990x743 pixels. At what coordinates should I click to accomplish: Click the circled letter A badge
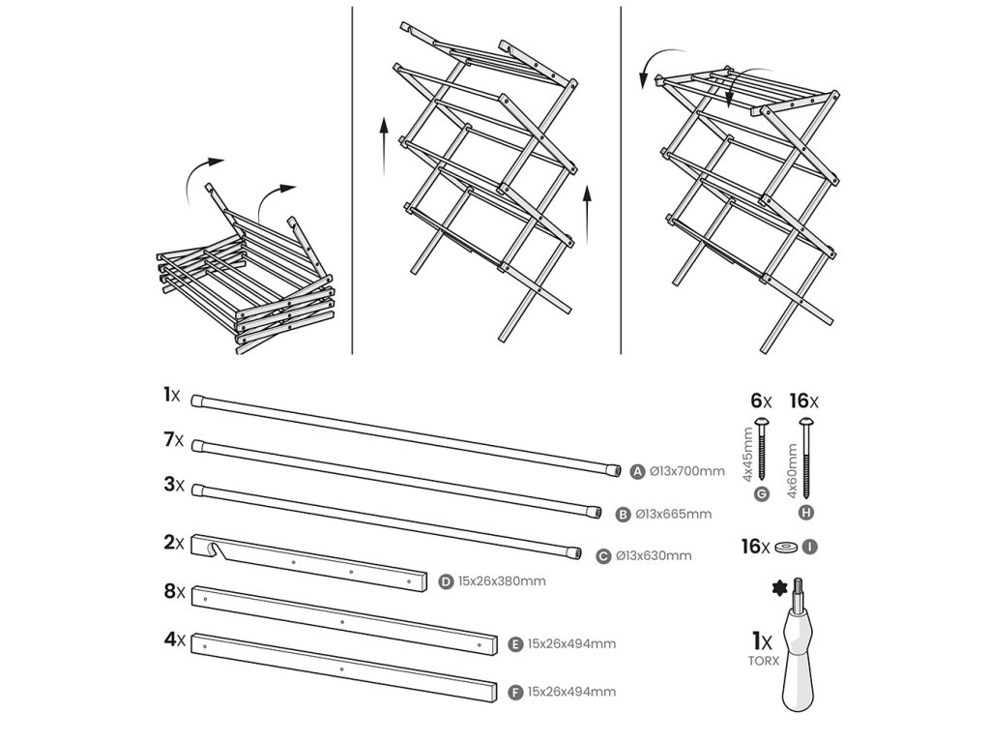tap(637, 472)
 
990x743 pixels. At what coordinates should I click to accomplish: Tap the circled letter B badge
tap(624, 514)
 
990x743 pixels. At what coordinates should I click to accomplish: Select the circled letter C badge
tap(604, 555)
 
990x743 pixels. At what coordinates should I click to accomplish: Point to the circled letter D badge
tap(446, 581)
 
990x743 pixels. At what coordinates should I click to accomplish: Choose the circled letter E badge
tap(515, 643)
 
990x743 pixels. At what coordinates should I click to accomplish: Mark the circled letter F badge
tap(515, 692)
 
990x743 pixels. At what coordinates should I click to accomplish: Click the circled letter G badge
tap(761, 494)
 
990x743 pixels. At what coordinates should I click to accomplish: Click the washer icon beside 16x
tap(786, 548)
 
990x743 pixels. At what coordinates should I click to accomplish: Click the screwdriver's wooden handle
tap(801, 668)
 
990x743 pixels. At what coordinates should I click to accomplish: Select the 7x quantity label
tap(173, 439)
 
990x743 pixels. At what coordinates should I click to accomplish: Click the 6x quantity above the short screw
tap(762, 400)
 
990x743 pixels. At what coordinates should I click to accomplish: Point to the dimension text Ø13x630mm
tap(655, 555)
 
